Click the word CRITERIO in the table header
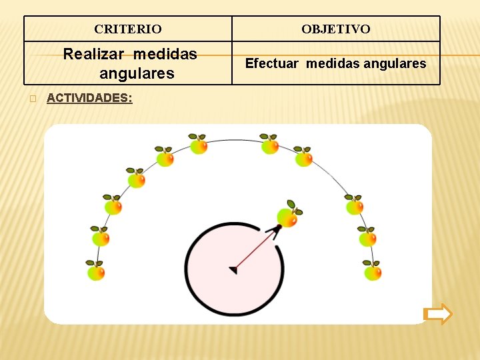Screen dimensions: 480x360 click(128, 29)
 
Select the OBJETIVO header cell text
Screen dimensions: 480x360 click(336, 29)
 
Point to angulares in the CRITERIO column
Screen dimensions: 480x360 click(137, 73)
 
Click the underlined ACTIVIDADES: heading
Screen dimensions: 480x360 click(89, 98)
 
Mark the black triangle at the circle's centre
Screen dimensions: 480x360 click(233, 269)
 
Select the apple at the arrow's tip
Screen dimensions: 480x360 click(287, 217)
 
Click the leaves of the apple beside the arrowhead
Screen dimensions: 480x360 click(292, 204)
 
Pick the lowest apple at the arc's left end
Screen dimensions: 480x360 click(96, 272)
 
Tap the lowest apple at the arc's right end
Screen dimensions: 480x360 click(373, 272)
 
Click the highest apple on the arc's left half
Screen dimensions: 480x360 click(199, 146)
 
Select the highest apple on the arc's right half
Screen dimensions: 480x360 click(270, 146)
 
